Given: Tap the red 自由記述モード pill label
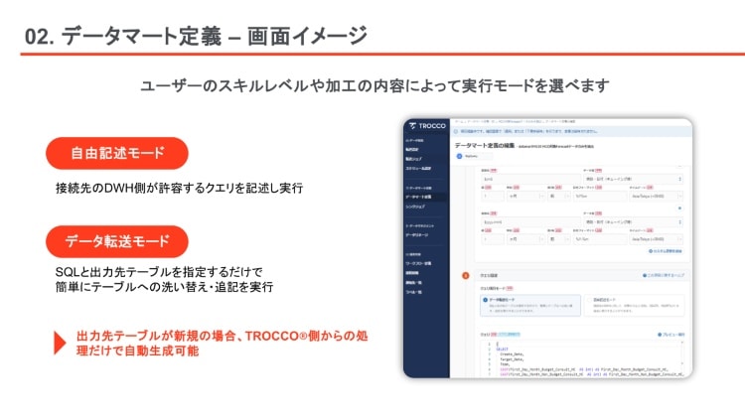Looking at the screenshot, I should tap(117, 153).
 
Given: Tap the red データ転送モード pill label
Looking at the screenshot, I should tap(117, 241).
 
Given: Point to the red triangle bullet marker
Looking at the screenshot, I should tap(60, 343).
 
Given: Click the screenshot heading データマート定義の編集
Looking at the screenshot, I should tap(484, 145).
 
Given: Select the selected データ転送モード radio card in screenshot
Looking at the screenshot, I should tap(523, 303).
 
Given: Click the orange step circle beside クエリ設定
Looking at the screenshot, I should tap(465, 275).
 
